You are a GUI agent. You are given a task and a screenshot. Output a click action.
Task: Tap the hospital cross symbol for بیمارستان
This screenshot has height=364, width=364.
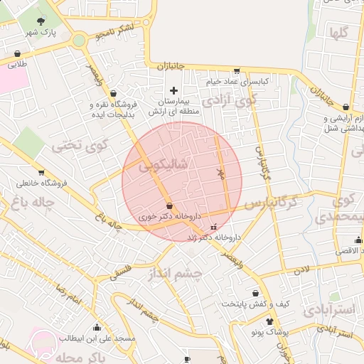coord(173,90)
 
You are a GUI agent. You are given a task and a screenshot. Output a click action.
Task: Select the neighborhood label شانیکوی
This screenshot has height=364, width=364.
coord(165,165)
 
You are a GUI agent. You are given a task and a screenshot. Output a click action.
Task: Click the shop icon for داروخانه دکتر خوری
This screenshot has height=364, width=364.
coord(168,206)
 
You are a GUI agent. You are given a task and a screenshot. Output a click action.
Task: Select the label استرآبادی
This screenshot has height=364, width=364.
coord(328,310)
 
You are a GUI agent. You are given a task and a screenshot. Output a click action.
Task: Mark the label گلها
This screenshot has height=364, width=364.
coord(338,33)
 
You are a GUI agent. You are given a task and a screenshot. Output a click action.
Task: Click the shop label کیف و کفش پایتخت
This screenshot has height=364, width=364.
coord(255,304)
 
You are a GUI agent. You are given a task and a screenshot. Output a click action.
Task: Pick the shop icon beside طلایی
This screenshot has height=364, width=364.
coord(16,53)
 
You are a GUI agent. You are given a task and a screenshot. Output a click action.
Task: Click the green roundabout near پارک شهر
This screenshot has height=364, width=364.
coord(78,41)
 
